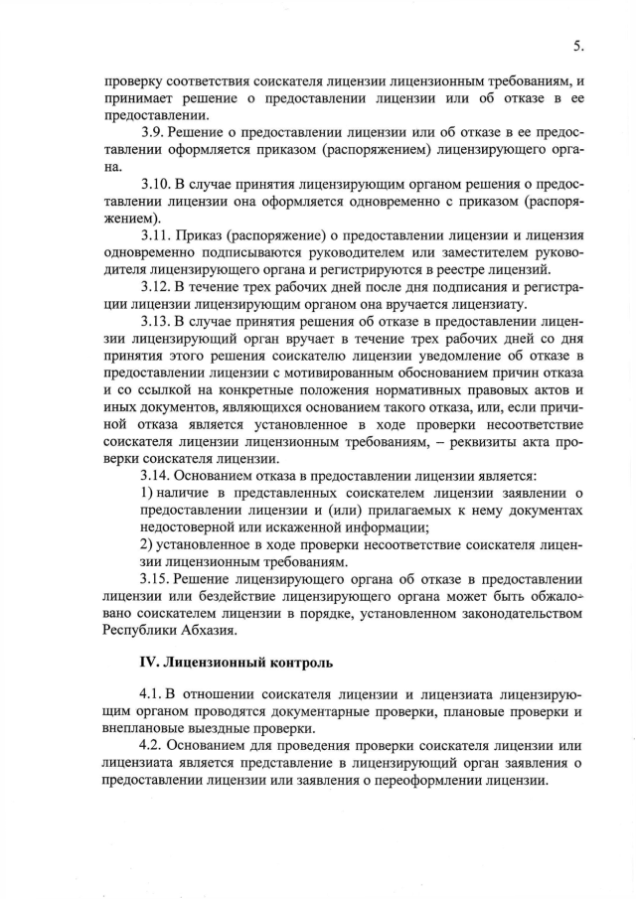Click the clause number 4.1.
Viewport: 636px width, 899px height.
pos(153,692)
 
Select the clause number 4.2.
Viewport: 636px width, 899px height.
pos(153,745)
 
